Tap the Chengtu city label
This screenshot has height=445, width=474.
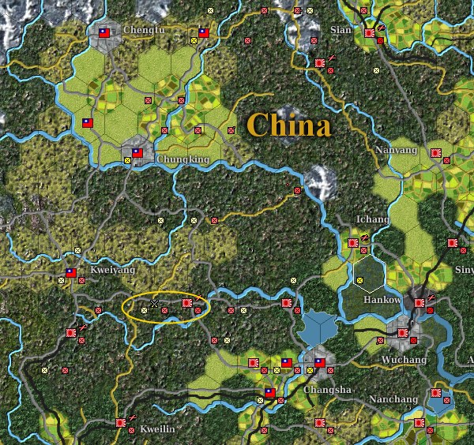142,31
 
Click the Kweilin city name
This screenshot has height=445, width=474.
156,429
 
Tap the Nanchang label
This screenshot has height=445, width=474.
392,399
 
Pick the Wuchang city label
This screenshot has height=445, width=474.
405,360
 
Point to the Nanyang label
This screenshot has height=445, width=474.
395,148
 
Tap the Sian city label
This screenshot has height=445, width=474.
340,30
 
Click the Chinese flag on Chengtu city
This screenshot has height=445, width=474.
103,33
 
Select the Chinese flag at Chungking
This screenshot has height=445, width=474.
137,152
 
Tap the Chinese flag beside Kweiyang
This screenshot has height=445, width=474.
70,273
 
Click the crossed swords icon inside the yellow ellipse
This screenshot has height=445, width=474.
155,303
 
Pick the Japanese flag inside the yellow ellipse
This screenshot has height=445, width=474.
187,301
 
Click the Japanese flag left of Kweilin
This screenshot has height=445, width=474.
121,423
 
